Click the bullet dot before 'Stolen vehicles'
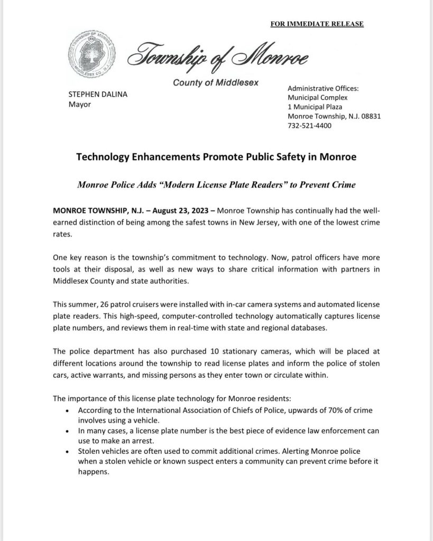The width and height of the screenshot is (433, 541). point(66,452)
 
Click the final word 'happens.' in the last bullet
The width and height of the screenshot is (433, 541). point(94,472)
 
